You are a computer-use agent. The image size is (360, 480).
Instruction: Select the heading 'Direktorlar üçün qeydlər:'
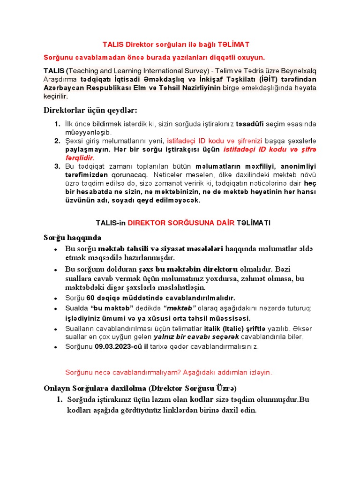click(90, 110)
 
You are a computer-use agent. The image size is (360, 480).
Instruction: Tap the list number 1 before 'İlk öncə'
click(57, 124)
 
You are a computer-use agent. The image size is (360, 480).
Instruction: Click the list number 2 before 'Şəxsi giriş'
click(57, 141)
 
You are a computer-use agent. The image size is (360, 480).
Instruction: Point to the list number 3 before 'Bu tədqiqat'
click(57, 166)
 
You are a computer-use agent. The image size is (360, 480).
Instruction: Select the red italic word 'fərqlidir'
click(80, 158)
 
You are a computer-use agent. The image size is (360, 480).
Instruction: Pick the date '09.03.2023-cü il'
click(121, 347)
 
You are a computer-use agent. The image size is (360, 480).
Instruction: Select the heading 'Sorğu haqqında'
click(72, 237)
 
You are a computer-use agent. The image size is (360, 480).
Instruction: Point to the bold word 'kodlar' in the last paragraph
click(202, 400)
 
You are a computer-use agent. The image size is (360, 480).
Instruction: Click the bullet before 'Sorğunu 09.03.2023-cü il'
click(56, 347)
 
